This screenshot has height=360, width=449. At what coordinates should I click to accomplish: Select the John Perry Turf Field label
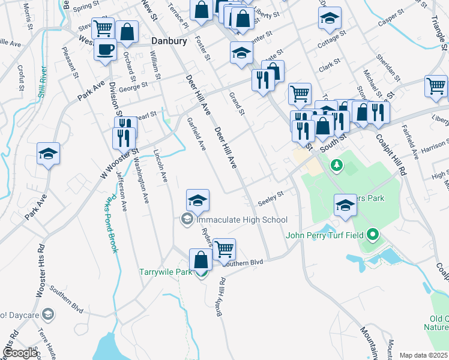[x=327, y=235]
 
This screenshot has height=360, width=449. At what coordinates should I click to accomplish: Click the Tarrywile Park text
[x=166, y=272]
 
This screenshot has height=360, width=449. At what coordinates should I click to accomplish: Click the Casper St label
[x=394, y=21]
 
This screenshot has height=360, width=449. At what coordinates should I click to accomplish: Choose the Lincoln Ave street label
[x=160, y=166]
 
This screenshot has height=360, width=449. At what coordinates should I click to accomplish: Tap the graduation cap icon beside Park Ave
[x=48, y=154]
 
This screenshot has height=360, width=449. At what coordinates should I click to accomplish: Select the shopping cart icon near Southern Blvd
[x=224, y=249]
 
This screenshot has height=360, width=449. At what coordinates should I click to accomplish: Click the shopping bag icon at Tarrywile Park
[x=201, y=260]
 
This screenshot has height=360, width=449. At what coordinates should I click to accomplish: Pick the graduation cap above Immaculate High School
[x=197, y=200]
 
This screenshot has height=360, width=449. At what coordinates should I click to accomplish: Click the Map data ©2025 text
[x=423, y=355]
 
